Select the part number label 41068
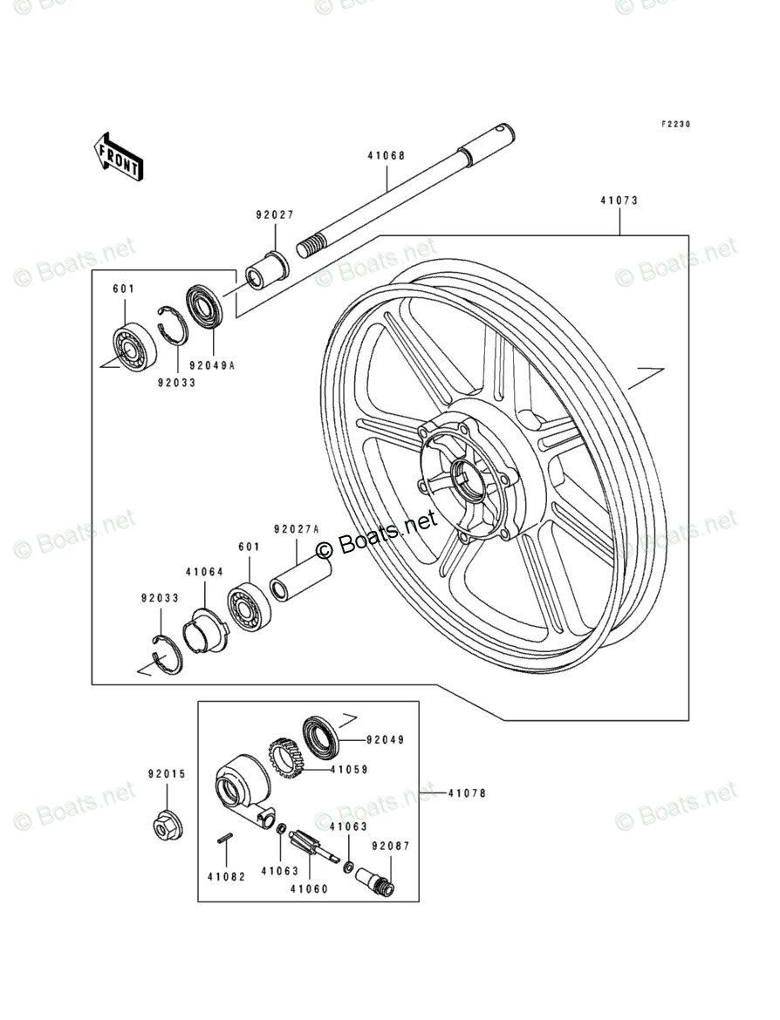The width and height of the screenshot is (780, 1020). pos(386,157)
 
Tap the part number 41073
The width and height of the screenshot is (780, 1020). pos(619,201)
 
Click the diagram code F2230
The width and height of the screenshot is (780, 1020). pos(674,125)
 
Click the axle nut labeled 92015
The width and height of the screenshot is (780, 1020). pos(166,824)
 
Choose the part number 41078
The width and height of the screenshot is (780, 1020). pos(467,793)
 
